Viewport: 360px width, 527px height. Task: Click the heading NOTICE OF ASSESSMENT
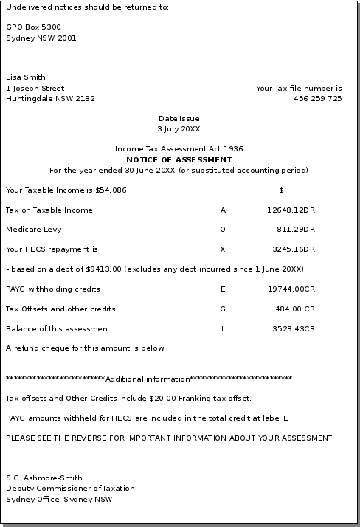[x=179, y=159]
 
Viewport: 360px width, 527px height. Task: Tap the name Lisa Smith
[x=26, y=77]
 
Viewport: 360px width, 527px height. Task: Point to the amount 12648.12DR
[x=291, y=210]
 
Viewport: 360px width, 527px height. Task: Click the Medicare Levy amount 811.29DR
[x=295, y=230]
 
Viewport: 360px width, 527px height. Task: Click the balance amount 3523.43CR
[x=293, y=329]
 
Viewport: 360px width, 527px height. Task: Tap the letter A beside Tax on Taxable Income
[x=223, y=210]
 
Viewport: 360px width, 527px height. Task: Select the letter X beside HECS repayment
[x=223, y=249]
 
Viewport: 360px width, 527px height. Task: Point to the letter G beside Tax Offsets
[x=223, y=309]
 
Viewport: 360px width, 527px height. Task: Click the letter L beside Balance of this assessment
[x=224, y=329]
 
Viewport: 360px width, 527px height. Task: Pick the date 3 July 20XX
[x=179, y=129]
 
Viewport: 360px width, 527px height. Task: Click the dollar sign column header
[x=281, y=190]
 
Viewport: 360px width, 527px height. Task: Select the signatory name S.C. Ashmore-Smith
[x=44, y=478]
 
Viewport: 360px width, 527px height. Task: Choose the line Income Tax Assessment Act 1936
[x=179, y=149]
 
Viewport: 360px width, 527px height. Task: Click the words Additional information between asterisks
[x=148, y=379]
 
